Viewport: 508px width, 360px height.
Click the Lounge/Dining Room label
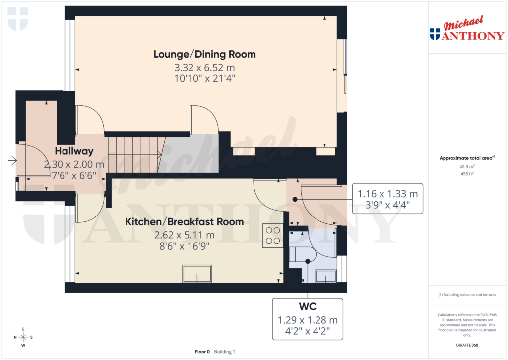(x=204, y=54)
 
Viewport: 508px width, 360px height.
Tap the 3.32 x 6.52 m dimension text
(x=204, y=67)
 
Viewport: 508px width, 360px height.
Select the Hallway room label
(x=74, y=151)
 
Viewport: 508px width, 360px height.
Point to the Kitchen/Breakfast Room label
(x=184, y=221)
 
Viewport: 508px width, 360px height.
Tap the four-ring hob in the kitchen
(x=272, y=235)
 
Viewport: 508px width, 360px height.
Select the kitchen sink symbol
(x=197, y=274)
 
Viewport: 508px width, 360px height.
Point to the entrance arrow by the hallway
(x=12, y=160)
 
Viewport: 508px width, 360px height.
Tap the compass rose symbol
(x=23, y=337)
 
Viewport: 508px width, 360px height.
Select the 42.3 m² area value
(x=467, y=167)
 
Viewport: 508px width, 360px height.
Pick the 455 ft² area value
(x=467, y=174)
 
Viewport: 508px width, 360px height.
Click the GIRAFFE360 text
(x=467, y=345)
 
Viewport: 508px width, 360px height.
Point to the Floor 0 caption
(x=202, y=352)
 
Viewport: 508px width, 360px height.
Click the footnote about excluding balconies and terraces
(x=467, y=295)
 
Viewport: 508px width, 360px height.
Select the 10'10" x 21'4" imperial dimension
(x=204, y=78)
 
